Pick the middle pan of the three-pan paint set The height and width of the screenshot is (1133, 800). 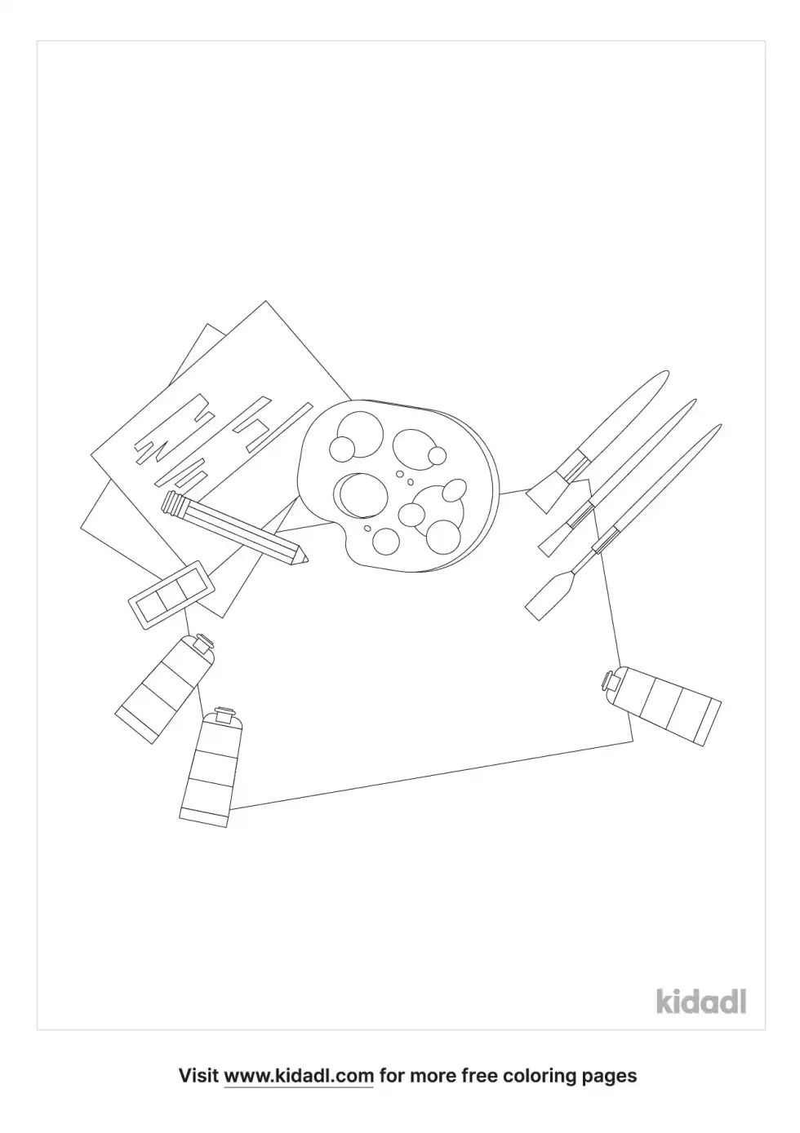(171, 591)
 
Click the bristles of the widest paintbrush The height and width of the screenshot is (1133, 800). (541, 494)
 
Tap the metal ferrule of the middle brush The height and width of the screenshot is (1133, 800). (580, 516)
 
